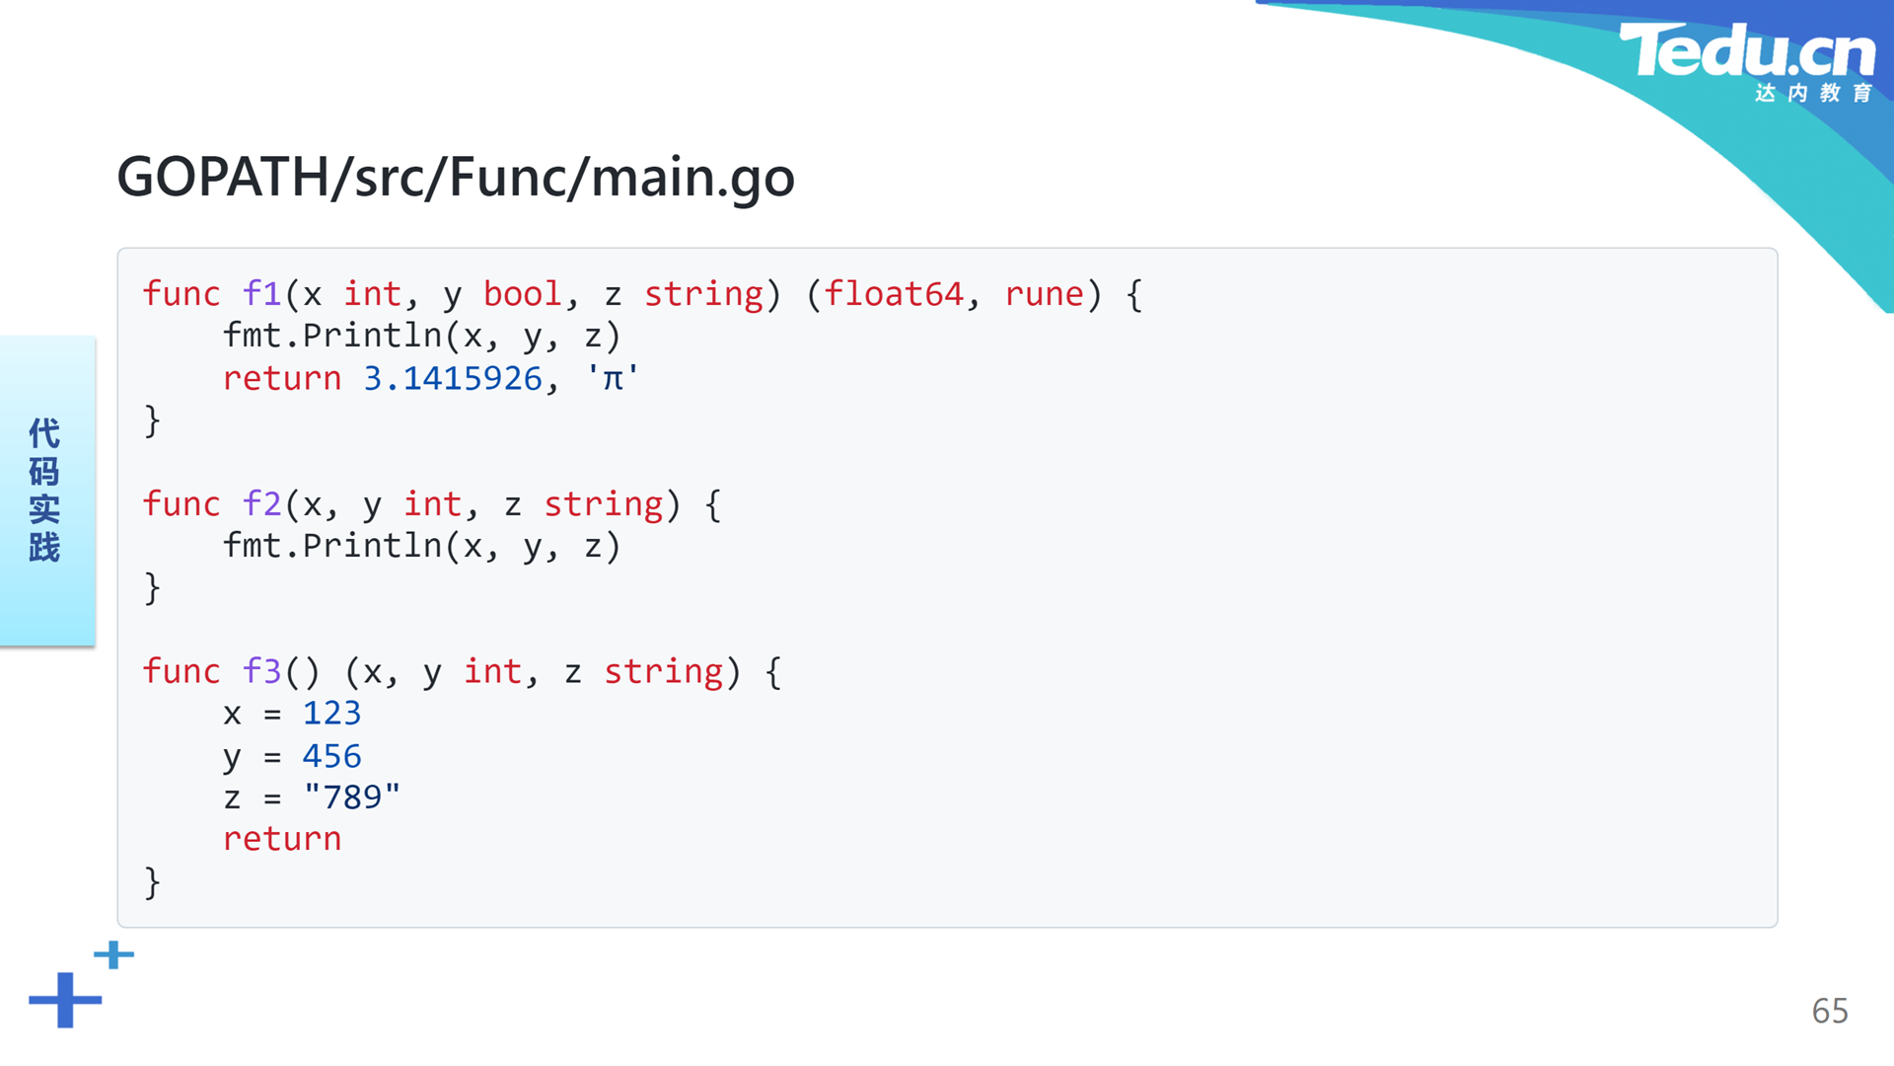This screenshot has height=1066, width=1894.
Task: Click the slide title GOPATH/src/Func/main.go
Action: coord(456,178)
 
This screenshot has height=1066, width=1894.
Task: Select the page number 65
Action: coord(1830,1011)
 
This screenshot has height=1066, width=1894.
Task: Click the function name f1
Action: coord(262,294)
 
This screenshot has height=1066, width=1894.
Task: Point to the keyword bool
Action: coord(522,294)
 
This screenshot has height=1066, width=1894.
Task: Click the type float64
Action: coord(894,294)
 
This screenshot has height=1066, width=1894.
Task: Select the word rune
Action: coord(1045,295)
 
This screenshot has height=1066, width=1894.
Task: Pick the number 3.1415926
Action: coord(453,379)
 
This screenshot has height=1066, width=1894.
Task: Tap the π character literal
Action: coord(613,378)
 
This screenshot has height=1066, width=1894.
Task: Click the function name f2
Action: coord(262,504)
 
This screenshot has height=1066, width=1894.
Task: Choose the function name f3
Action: coord(262,671)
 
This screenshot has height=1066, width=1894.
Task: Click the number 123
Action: coord(331,714)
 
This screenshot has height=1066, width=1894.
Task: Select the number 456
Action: coord(331,756)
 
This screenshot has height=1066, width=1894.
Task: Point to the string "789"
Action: coord(352,797)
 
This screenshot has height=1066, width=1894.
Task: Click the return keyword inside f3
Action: coord(282,840)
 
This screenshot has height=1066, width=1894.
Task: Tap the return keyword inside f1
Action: coord(282,379)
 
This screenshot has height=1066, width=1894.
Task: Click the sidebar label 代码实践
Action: coord(44,490)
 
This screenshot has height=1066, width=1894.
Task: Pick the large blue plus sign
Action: coord(65,1000)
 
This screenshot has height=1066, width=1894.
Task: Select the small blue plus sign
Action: coord(114,954)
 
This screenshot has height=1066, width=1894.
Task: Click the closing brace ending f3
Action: coord(152,882)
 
